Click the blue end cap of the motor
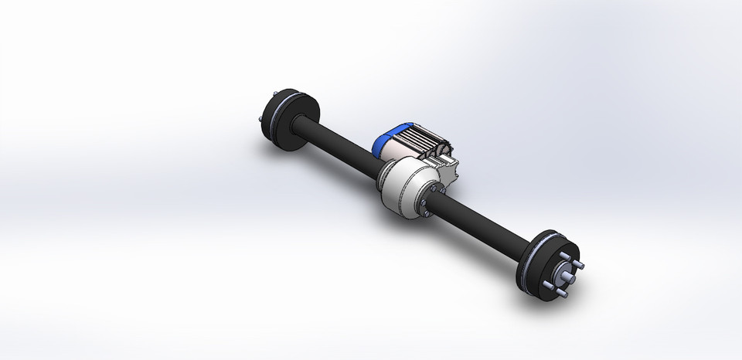pyautogui.click(x=382, y=139)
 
